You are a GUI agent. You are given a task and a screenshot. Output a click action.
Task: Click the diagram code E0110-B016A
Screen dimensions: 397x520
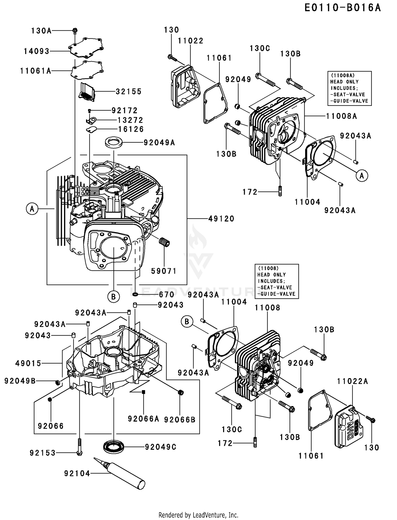(342, 8)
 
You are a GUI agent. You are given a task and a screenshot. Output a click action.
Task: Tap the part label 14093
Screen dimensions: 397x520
(37, 51)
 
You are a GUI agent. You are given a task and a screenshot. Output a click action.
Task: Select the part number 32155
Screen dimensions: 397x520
(129, 92)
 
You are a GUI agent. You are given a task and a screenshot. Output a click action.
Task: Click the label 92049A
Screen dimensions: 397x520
(159, 143)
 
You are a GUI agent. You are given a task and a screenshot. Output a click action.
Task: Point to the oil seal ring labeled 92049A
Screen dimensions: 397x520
(114, 142)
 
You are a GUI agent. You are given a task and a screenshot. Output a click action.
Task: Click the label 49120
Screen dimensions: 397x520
(221, 219)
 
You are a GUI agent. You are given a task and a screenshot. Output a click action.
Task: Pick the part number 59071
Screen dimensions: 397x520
(164, 271)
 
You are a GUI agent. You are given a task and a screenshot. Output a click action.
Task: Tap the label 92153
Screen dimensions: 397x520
(43, 453)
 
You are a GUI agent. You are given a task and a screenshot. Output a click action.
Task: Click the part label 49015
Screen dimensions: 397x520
(28, 363)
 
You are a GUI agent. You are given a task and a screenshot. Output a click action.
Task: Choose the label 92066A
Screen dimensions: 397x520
(143, 419)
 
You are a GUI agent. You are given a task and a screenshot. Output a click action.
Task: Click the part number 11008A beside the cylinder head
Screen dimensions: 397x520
(341, 116)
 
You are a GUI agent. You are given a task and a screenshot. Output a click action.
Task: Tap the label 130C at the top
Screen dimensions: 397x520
(260, 48)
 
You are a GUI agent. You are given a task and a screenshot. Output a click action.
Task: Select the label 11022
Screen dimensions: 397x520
(191, 41)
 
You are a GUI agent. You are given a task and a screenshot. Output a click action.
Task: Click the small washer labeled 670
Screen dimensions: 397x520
(135, 294)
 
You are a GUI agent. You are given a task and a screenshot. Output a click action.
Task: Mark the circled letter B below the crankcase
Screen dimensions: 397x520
(114, 297)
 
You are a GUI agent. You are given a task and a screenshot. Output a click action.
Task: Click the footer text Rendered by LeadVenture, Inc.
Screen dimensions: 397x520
(198, 515)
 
